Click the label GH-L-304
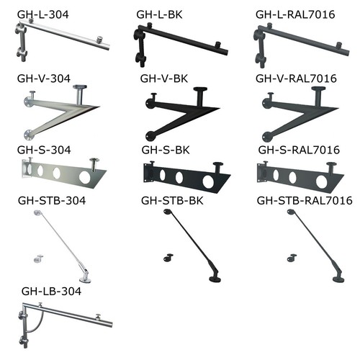(43, 14)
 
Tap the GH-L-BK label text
(159, 14)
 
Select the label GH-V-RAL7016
(296, 78)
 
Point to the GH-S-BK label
(166, 150)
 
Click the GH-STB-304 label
(52, 201)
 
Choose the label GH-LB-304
(51, 292)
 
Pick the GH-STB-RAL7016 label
(305, 201)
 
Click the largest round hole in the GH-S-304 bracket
(85, 177)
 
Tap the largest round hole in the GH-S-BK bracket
(208, 181)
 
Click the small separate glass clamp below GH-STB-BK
(168, 258)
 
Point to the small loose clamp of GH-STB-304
(38, 258)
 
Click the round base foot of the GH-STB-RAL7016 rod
(338, 279)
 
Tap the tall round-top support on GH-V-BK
(201, 96)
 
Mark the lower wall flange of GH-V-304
(28, 135)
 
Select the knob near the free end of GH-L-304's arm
(99, 40)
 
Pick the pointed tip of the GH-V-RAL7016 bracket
(338, 109)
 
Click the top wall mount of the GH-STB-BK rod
(167, 212)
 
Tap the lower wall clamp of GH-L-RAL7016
(261, 58)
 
